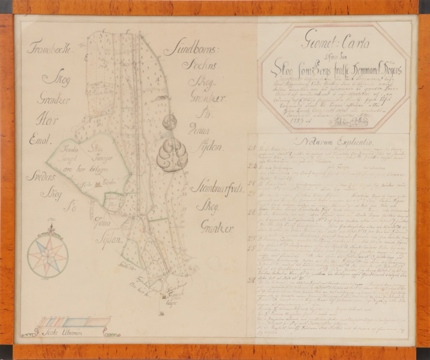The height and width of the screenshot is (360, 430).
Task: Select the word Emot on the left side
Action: [x=39, y=141]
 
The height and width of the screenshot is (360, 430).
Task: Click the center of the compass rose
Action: [x=47, y=256]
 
